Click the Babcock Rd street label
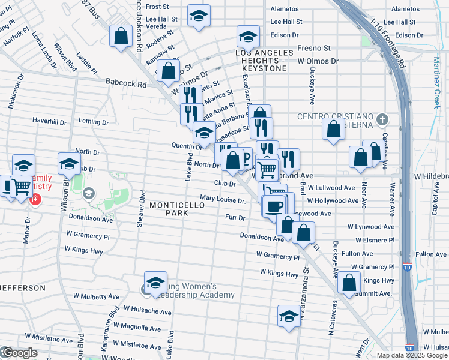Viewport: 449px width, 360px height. point(126,85)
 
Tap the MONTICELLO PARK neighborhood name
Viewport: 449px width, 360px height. point(177,209)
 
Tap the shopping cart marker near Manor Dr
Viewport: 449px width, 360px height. point(21,187)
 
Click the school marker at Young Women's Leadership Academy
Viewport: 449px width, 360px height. point(155,283)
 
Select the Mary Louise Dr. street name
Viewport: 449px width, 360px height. point(223,199)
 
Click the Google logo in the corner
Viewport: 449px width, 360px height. point(19,353)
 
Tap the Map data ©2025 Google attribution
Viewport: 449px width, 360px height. point(411,355)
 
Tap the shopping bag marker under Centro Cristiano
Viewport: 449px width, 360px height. point(334,129)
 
